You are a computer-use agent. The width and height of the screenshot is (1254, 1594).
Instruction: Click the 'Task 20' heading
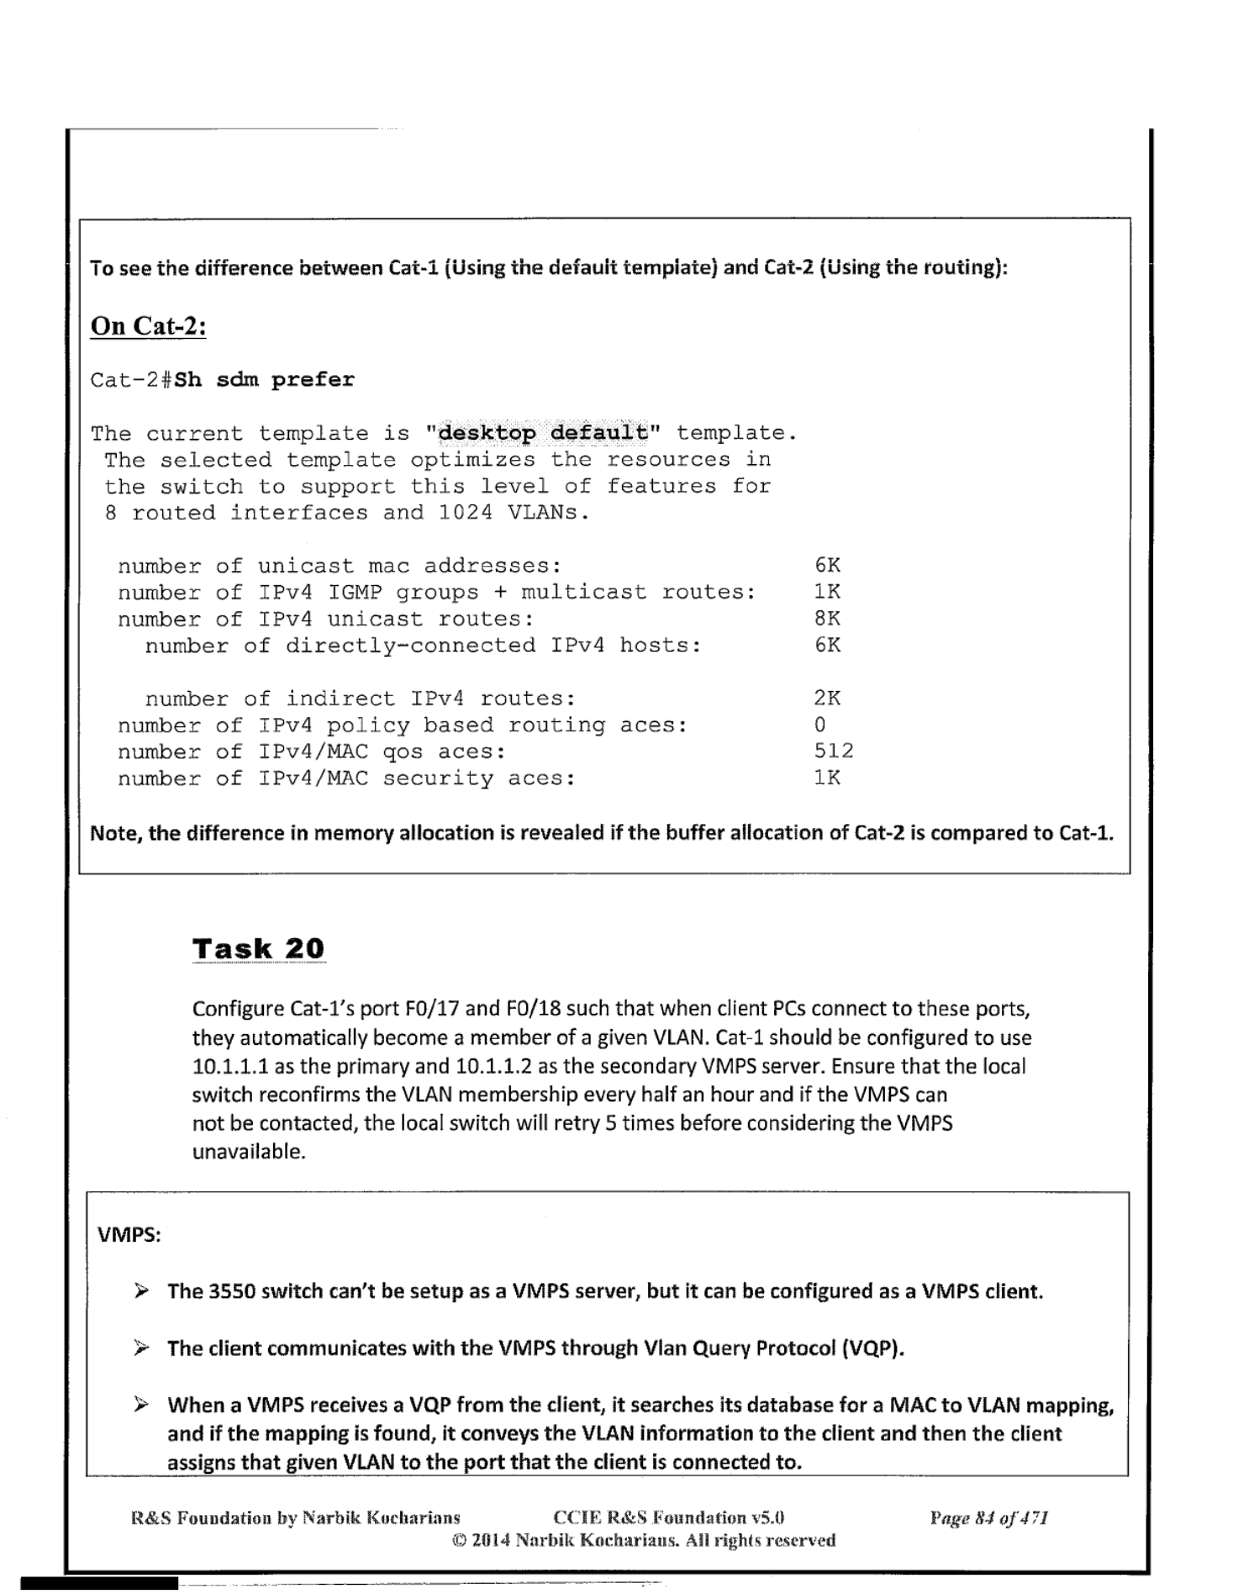coord(258,948)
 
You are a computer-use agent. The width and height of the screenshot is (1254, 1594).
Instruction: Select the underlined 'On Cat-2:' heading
coord(148,326)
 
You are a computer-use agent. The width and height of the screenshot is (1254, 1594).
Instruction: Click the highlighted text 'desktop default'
coord(544,433)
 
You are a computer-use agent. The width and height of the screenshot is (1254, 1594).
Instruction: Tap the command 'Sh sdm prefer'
coord(265,380)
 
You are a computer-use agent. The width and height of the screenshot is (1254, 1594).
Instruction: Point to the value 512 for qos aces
coord(833,751)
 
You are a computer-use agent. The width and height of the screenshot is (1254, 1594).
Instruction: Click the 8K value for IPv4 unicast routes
coord(827,619)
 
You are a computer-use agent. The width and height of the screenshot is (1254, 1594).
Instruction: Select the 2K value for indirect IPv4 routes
coord(827,698)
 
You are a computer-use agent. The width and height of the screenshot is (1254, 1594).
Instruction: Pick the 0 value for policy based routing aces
coord(820,725)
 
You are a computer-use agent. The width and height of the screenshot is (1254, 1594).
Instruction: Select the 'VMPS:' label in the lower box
coord(129,1235)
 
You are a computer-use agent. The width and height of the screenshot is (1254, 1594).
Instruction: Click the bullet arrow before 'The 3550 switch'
coord(141,1291)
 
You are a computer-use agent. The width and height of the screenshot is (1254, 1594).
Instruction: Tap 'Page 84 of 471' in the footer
coord(988,1518)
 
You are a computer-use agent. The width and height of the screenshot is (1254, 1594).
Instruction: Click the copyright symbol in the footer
coord(459,1541)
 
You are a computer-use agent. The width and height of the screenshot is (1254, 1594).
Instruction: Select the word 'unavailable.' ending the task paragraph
coord(249,1152)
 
